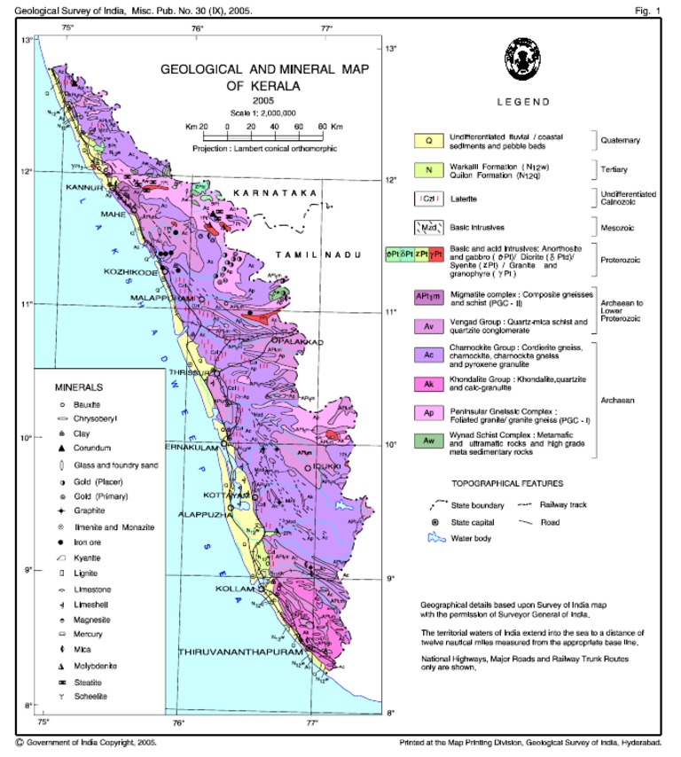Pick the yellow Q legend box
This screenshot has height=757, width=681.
pyautogui.click(x=428, y=140)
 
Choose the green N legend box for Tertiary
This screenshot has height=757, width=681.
pyautogui.click(x=428, y=168)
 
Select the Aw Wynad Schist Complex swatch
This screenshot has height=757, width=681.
pyautogui.click(x=428, y=441)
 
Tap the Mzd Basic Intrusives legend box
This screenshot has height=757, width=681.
pyautogui.click(x=428, y=227)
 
